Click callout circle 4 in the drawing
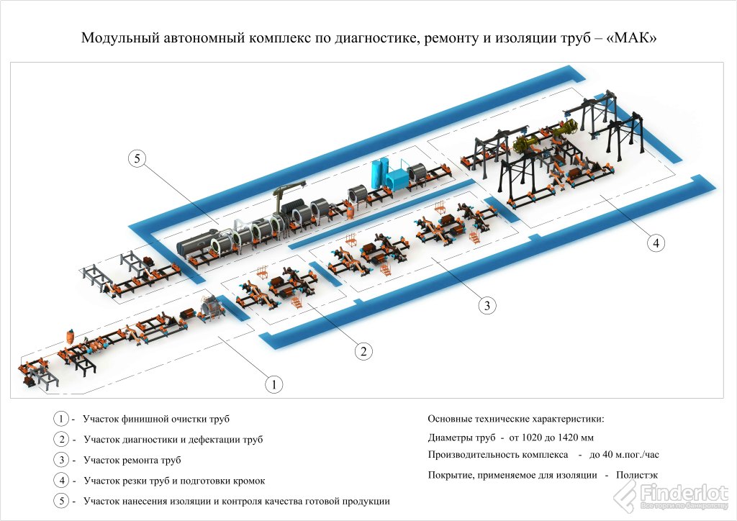tap(654, 243)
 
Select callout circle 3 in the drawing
tap(487, 305)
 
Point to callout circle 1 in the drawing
tap(273, 384)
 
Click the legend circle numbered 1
tap(62, 418)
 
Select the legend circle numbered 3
tap(62, 460)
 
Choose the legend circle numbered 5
tap(62, 501)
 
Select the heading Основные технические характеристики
tap(516, 418)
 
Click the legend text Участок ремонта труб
tap(132, 460)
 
